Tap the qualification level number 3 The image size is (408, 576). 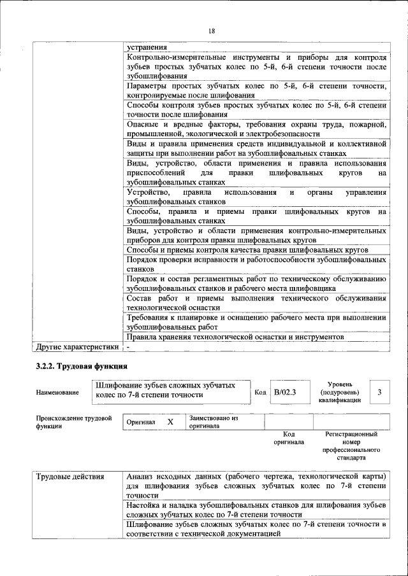380,392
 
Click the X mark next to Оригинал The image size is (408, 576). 170,422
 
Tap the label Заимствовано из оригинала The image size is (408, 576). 213,422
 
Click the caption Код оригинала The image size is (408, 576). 289,438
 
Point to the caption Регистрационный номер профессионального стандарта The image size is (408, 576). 351,446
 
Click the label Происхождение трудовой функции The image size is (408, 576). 74,422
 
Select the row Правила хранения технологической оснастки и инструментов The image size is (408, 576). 235,337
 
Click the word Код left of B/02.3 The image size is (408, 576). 260,393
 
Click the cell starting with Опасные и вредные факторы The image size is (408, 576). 256,129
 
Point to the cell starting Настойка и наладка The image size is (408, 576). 256,509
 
